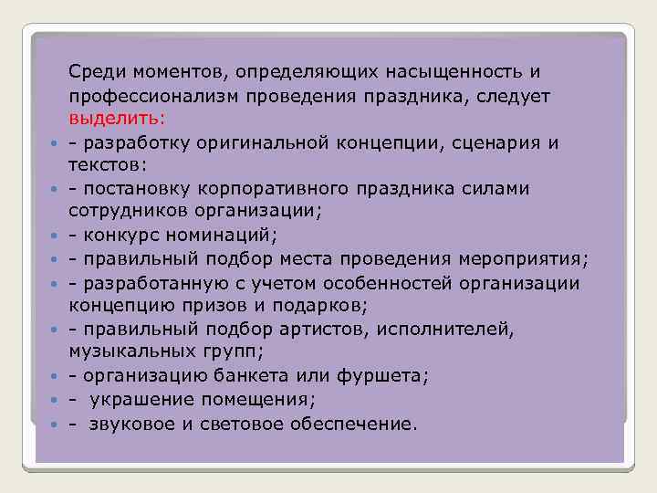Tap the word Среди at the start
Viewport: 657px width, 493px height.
[93, 71]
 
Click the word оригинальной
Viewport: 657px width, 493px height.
[266, 143]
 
